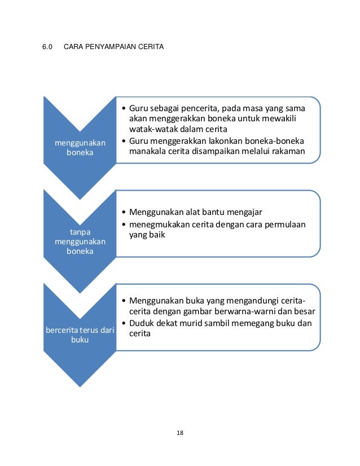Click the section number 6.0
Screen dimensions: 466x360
[47, 46]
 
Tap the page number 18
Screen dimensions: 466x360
[180, 433]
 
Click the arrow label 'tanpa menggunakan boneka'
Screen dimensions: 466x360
[80, 241]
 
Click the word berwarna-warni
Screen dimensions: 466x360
[249, 312]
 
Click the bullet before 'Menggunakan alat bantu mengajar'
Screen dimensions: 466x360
[123, 213]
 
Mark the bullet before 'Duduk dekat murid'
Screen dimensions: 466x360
[123, 323]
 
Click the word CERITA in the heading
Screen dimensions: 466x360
[151, 46]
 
